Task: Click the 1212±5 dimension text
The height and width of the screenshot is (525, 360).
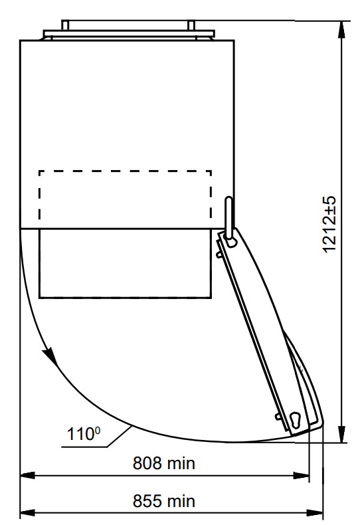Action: point(329,225)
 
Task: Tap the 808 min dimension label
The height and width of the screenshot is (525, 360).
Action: point(164,463)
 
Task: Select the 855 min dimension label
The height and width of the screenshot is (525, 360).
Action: point(164,501)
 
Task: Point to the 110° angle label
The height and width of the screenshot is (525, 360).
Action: point(84,434)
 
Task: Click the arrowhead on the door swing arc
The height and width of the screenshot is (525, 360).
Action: point(50,356)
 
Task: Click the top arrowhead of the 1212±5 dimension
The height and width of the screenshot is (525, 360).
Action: point(341,29)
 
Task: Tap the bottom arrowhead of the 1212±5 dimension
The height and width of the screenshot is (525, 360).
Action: point(341,434)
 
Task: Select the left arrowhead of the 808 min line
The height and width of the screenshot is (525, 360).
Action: point(28,475)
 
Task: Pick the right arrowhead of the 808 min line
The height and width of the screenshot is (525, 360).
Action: point(301,475)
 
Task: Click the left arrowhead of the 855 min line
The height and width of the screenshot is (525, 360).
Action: point(28,512)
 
